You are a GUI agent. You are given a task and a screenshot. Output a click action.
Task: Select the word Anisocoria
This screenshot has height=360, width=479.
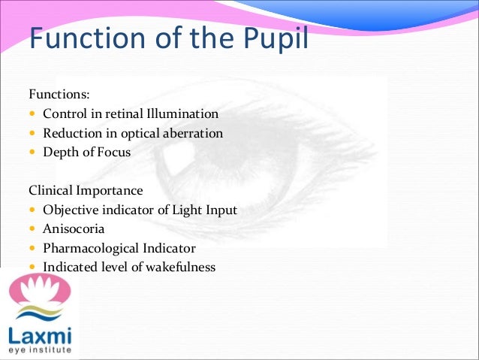[73, 229]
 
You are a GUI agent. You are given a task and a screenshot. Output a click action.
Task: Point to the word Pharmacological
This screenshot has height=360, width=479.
[89, 248]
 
